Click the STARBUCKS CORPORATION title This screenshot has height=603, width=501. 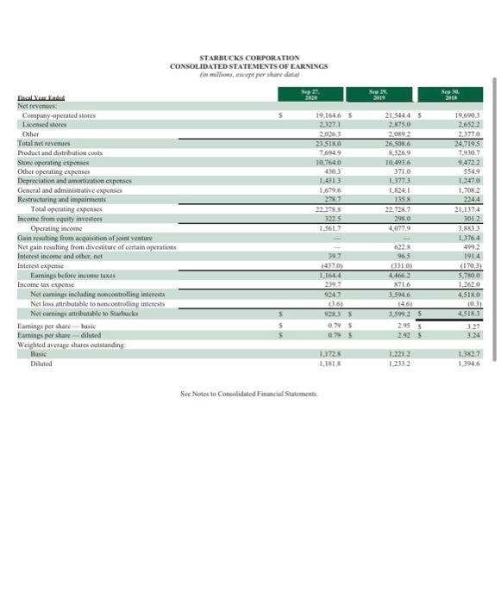point(248,33)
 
